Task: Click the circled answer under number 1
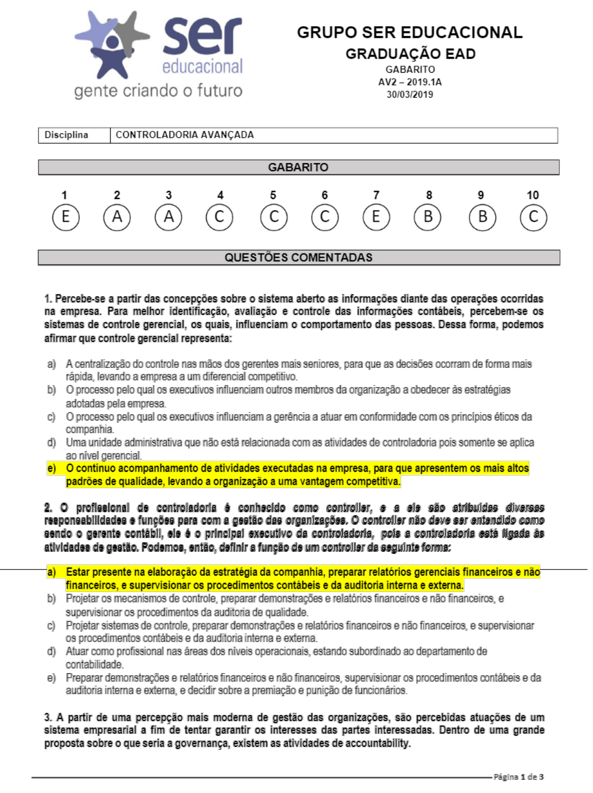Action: (x=66, y=217)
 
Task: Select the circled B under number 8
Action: (x=428, y=217)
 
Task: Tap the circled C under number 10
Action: (x=533, y=217)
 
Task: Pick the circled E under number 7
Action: (x=376, y=217)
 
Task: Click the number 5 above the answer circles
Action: (x=273, y=195)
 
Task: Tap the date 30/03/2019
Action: (x=410, y=94)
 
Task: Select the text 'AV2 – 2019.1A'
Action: (x=410, y=82)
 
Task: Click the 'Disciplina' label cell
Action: (x=67, y=135)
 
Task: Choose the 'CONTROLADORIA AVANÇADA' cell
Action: (x=184, y=135)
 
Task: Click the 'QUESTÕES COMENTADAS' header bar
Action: (x=299, y=257)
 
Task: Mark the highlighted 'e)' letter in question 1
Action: (x=52, y=468)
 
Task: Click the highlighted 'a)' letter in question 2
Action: (x=52, y=572)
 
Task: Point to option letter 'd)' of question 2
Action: (x=52, y=651)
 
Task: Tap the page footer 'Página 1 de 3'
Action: (x=518, y=777)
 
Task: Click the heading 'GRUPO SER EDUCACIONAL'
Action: (x=409, y=32)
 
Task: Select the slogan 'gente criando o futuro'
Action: (x=158, y=91)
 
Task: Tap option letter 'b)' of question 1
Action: (x=52, y=389)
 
